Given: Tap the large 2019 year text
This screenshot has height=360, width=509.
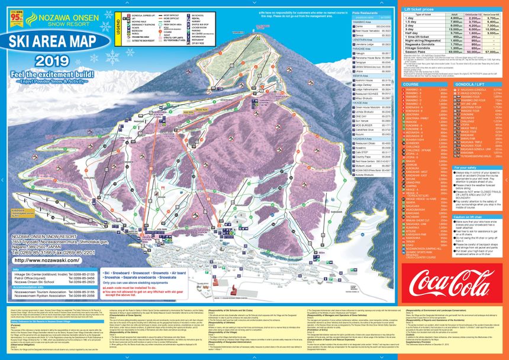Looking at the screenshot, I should pos(51,62).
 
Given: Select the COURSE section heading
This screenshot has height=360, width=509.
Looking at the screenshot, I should pos(412,84).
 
